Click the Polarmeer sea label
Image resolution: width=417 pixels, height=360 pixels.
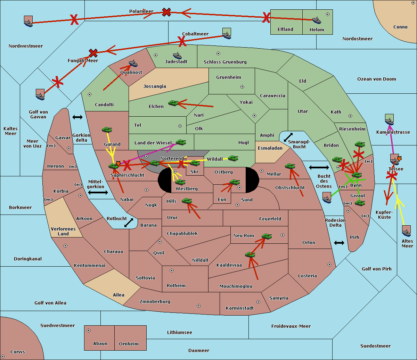pyautogui.click(x=141, y=11)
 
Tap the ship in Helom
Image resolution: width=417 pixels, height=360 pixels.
pyautogui.click(x=316, y=20)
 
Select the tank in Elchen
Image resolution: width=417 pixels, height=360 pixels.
pyautogui.click(x=173, y=103)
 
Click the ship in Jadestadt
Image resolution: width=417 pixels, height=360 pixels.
pyautogui.click(x=177, y=56)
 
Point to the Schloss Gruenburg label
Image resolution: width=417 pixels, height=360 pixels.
pyautogui.click(x=225, y=62)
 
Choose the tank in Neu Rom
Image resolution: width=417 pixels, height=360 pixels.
pyautogui.click(x=267, y=236)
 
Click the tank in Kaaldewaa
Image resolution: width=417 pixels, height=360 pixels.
pyautogui.click(x=250, y=255)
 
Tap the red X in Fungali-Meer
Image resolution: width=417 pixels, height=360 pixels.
pyautogui.click(x=93, y=53)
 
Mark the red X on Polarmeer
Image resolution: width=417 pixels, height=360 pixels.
pyautogui.click(x=167, y=12)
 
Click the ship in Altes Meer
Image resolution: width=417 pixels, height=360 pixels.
pyautogui.click(x=406, y=231)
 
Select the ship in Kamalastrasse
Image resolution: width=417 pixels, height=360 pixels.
pyautogui.click(x=390, y=120)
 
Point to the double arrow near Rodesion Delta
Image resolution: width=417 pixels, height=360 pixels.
pyautogui.click(x=339, y=243)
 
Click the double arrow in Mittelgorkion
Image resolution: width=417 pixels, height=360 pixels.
pyautogui.click(x=98, y=192)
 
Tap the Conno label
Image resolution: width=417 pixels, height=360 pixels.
pyautogui.click(x=400, y=27)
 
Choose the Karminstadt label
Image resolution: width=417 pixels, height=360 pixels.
pyautogui.click(x=240, y=308)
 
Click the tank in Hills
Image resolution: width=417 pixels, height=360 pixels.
pyautogui.click(x=187, y=201)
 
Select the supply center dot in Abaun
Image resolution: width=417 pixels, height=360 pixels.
pyautogui.click(x=89, y=330)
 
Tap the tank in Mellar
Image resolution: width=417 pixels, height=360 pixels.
pyautogui.click(x=290, y=166)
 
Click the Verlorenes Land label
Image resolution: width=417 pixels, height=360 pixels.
pyautogui.click(x=63, y=232)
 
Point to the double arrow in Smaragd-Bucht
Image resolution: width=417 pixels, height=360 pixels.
pyautogui.click(x=288, y=137)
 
